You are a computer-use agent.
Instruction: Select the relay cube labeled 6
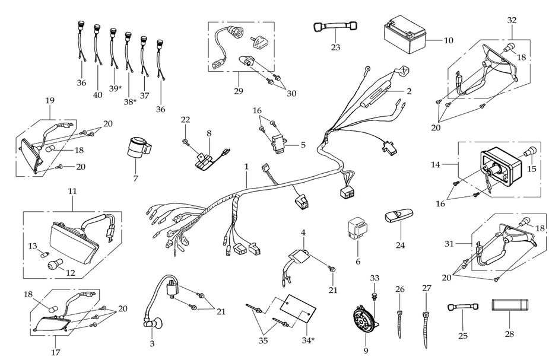pos(356,229)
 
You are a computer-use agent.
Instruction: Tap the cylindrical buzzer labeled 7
pos(139,148)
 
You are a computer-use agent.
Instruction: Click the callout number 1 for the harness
pos(246,168)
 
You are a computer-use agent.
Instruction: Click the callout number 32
pos(512,20)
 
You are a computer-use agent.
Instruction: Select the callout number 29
pos(239,93)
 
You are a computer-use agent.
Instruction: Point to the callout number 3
pos(152,343)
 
